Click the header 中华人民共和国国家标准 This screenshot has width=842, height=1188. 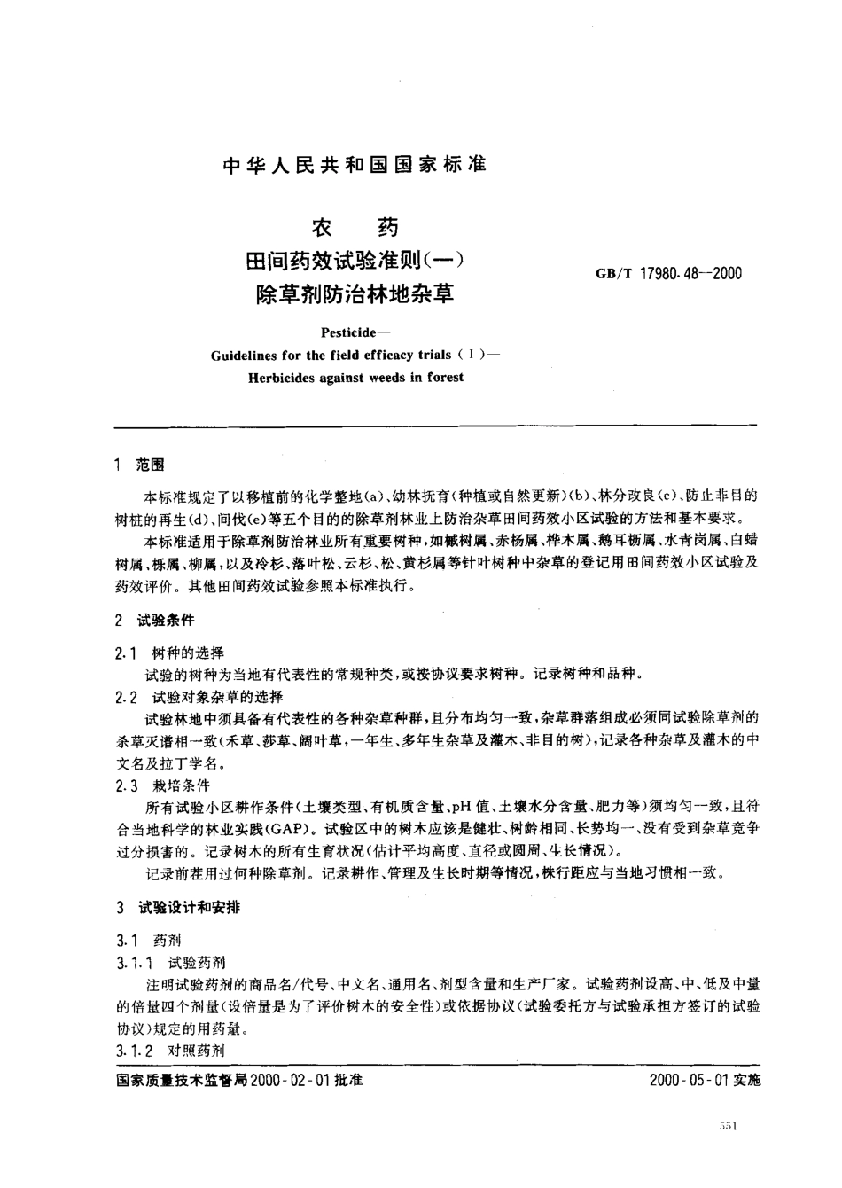(x=354, y=165)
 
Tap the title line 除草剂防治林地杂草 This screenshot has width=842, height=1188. (x=354, y=293)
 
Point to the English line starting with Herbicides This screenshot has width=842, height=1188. (x=354, y=377)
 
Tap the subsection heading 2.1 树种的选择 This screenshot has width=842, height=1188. (x=169, y=653)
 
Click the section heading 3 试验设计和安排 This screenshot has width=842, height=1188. (x=177, y=908)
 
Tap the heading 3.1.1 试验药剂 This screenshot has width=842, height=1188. (x=170, y=962)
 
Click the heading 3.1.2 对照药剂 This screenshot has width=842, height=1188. (x=170, y=1051)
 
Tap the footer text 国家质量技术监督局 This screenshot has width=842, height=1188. (x=181, y=1081)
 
